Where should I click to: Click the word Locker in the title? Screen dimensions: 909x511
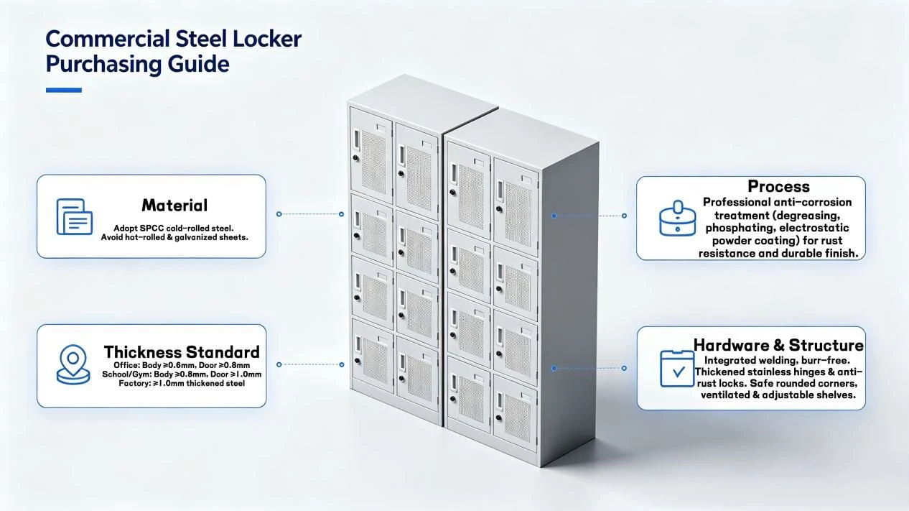(x=267, y=39)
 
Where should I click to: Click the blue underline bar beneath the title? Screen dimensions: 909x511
(x=64, y=90)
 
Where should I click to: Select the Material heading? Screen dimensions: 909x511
(x=174, y=205)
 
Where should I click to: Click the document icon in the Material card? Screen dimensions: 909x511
(x=74, y=216)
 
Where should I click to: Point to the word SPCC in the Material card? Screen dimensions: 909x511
(x=151, y=229)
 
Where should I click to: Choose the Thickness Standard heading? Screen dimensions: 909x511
(x=182, y=351)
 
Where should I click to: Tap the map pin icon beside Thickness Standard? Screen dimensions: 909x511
(x=73, y=364)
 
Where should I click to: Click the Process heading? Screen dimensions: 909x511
(x=779, y=186)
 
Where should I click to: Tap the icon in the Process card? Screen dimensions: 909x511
(x=677, y=218)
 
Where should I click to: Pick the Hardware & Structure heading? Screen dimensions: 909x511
(x=778, y=345)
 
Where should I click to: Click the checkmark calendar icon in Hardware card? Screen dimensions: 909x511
(x=677, y=369)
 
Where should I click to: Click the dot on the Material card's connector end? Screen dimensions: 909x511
(x=279, y=214)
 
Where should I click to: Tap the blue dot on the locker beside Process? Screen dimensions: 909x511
(x=554, y=216)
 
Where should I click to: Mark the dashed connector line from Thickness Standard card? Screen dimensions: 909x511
(x=310, y=365)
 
